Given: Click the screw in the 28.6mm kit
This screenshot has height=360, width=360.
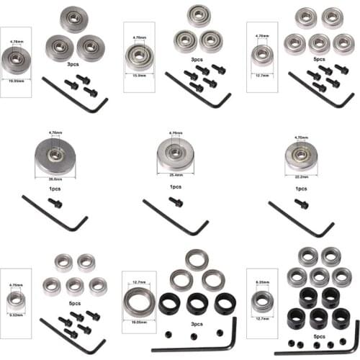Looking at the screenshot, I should (55, 203).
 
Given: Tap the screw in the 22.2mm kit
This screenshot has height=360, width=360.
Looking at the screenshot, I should (301, 204).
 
